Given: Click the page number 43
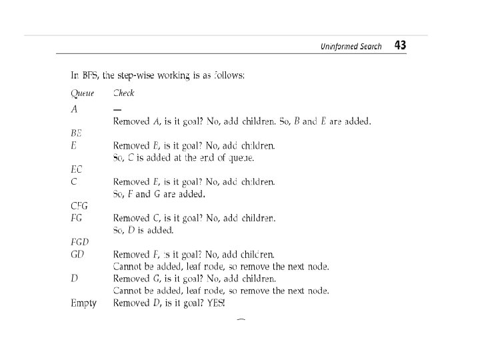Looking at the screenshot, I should pyautogui.click(x=400, y=45).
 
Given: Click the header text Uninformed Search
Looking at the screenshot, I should pyautogui.click(x=351, y=47).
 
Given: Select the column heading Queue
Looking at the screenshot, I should pyautogui.click(x=83, y=93).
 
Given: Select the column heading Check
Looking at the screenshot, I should pyautogui.click(x=123, y=93).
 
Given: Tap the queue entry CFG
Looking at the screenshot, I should pyautogui.click(x=79, y=206).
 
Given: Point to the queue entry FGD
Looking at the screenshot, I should pyautogui.click(x=80, y=242).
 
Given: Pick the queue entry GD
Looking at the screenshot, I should pyautogui.click(x=77, y=255).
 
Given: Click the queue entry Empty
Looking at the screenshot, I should pyautogui.click(x=83, y=303).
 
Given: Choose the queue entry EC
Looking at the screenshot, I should pyautogui.click(x=77, y=169).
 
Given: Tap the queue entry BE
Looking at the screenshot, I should pyautogui.click(x=77, y=133).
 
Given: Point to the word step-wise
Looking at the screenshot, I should pyautogui.click(x=137, y=75).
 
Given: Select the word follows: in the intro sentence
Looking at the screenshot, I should pyautogui.click(x=229, y=75).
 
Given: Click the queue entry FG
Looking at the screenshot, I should pyautogui.click(x=77, y=218).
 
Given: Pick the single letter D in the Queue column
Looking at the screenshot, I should pyautogui.click(x=74, y=279).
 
